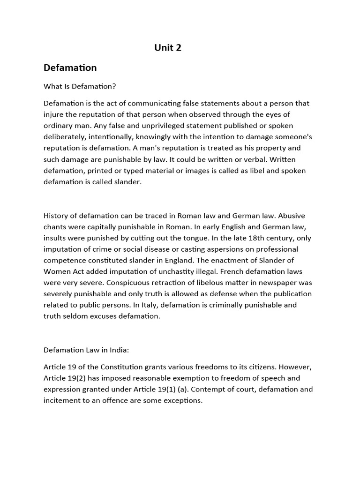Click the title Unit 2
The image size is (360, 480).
click(x=168, y=47)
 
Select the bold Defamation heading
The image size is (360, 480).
click(x=70, y=67)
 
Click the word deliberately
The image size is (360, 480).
click(x=65, y=137)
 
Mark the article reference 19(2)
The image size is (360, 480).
click(x=83, y=378)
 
